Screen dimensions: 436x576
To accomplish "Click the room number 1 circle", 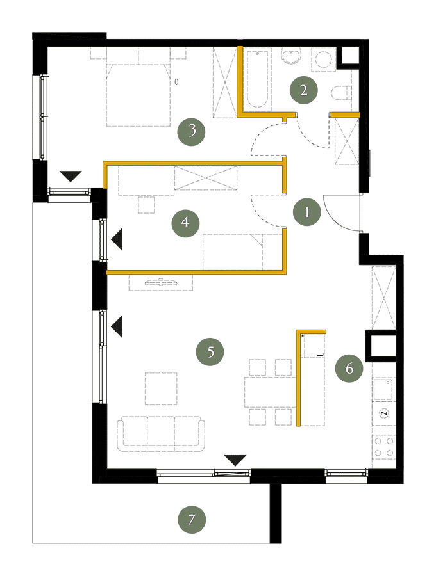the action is [307, 212].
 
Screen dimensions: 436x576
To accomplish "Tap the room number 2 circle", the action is [303, 90].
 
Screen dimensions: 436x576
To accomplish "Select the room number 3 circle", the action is [191, 131].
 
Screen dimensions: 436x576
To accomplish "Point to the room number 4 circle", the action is [185, 223].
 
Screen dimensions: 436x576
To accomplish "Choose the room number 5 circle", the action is [210, 351].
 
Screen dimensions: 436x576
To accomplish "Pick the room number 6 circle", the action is [349, 368].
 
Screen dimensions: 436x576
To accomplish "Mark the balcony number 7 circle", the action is [191, 520].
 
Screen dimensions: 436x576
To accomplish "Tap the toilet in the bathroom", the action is [340, 93].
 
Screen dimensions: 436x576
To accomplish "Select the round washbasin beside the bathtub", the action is [291, 56].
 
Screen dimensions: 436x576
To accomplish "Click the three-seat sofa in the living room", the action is [161, 434].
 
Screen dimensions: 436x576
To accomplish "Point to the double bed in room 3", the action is [138, 95].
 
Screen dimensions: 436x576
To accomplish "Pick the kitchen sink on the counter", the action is [383, 389].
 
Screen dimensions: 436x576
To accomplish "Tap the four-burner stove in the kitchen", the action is [384, 447].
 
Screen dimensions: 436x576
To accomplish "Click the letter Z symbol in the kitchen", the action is [384, 413].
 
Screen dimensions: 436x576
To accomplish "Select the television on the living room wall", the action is [161, 282].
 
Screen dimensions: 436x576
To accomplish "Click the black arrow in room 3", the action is [71, 177].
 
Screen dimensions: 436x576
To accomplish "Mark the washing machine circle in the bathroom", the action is [324, 59].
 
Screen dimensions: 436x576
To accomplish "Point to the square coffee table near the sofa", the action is [161, 388].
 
